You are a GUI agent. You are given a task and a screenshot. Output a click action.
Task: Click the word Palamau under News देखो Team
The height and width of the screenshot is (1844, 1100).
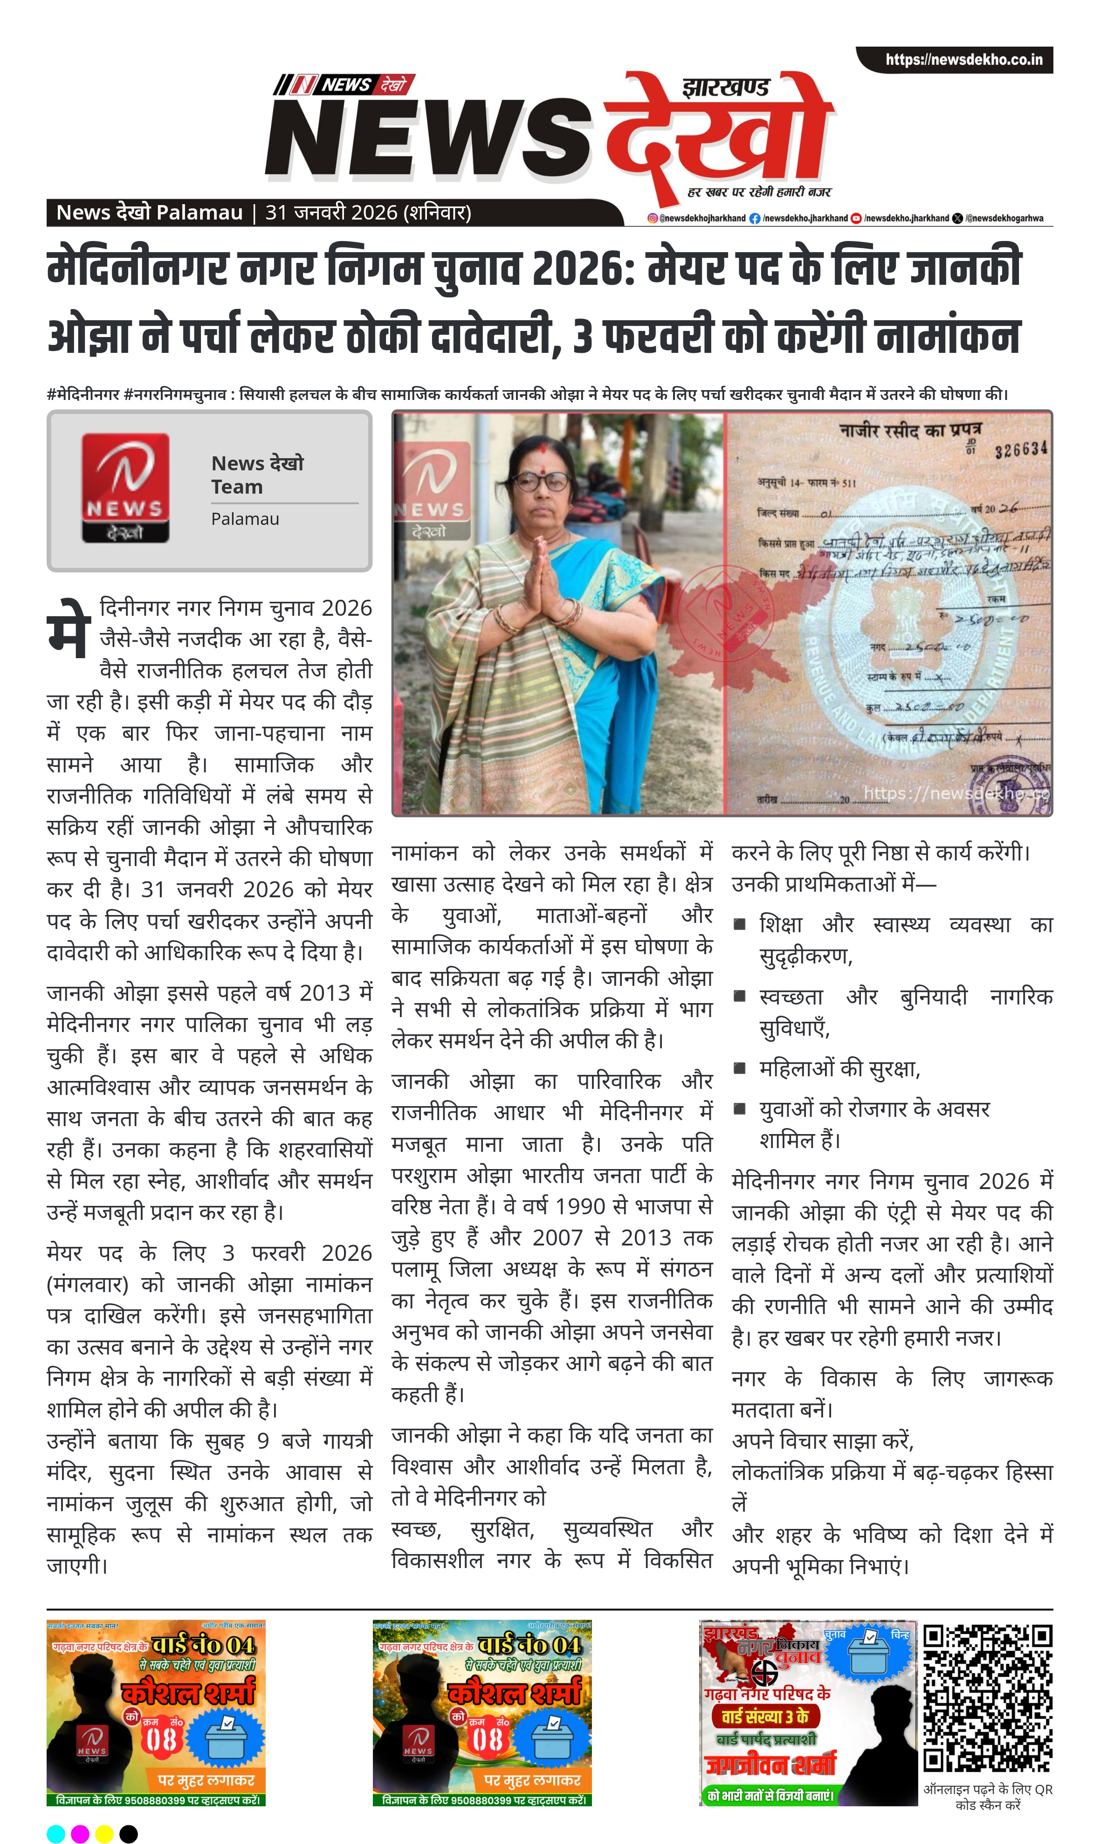(245, 519)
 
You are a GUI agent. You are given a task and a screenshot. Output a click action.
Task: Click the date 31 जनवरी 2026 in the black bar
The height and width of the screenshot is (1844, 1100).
(332, 213)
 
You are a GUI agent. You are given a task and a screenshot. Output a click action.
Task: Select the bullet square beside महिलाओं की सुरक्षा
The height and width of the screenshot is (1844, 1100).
(739, 1068)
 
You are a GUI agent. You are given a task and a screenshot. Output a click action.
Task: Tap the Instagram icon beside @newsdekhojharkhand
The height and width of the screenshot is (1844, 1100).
(652, 218)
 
